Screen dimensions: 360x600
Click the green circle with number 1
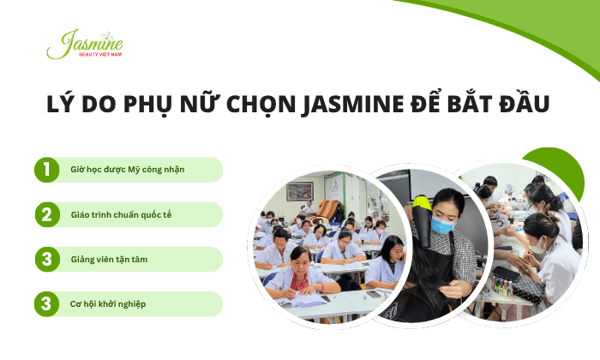[45, 170]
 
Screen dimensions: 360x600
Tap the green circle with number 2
[45, 214]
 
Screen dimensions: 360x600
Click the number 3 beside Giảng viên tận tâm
[45, 259]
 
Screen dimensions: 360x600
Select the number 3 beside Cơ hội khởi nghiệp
[45, 303]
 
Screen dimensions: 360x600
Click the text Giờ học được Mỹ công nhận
[127, 170]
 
